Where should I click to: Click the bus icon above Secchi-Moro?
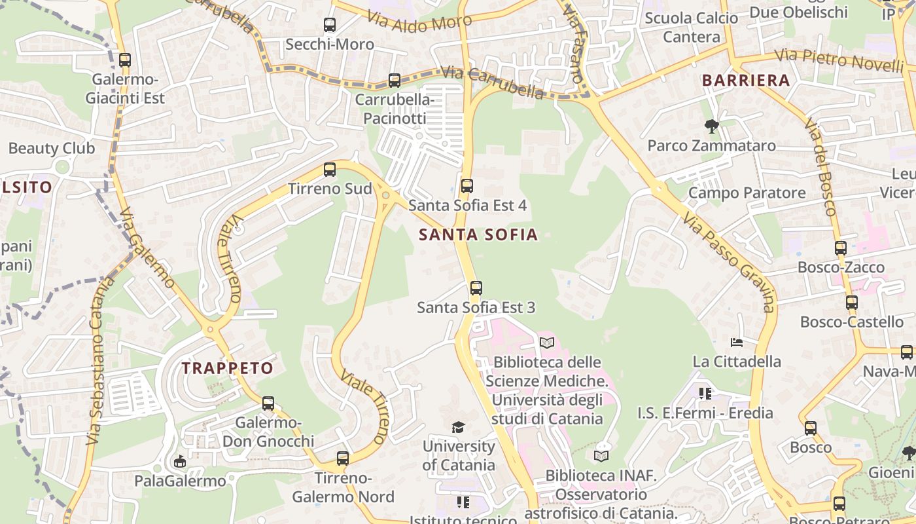pyautogui.click(x=330, y=26)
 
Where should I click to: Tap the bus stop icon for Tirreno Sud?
pyautogui.click(x=330, y=170)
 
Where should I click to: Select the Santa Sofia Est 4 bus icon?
pyautogui.click(x=467, y=186)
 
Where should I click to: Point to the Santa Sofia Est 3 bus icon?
pyautogui.click(x=476, y=288)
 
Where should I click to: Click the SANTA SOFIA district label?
pyautogui.click(x=478, y=234)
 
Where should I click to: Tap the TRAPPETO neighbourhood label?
pyautogui.click(x=228, y=368)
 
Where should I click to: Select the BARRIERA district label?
pyautogui.click(x=746, y=81)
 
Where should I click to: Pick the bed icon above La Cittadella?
pyautogui.click(x=737, y=343)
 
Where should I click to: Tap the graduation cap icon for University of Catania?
pyautogui.click(x=458, y=427)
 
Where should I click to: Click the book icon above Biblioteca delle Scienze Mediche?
pyautogui.click(x=547, y=343)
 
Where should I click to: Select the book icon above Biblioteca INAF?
pyautogui.click(x=601, y=455)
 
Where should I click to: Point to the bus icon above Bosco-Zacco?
pyautogui.click(x=841, y=248)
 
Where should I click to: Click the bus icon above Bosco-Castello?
pyautogui.click(x=851, y=303)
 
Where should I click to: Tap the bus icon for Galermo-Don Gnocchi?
pyautogui.click(x=268, y=403)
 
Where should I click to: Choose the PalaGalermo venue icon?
pyautogui.click(x=179, y=462)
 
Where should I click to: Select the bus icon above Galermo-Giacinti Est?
pyautogui.click(x=125, y=60)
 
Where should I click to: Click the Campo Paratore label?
pyautogui.click(x=747, y=193)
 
